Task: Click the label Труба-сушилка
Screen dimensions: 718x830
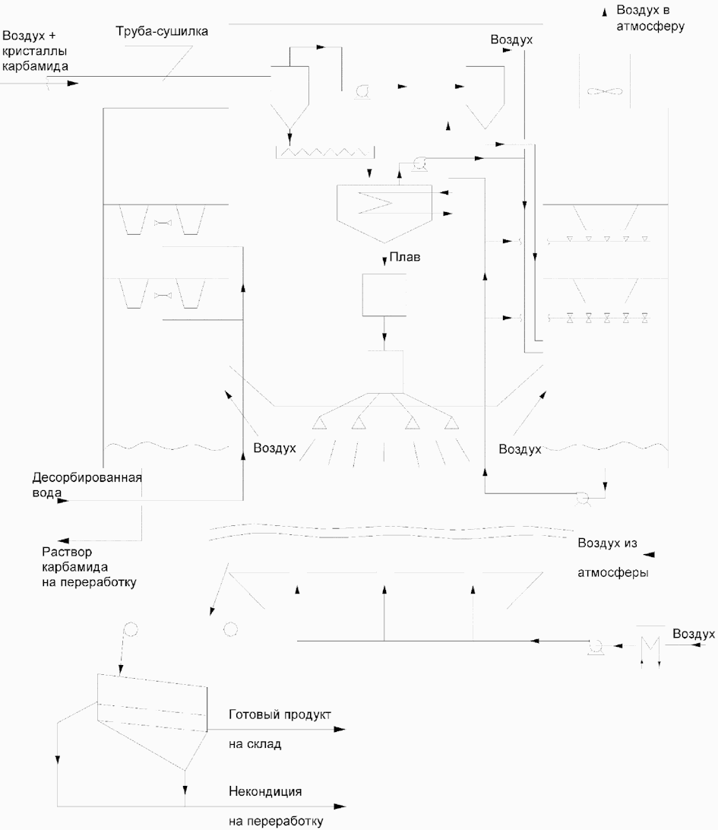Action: point(162,32)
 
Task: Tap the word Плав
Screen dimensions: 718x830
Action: point(405,257)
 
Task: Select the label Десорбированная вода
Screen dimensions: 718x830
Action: point(87,485)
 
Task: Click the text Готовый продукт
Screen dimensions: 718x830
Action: point(280,714)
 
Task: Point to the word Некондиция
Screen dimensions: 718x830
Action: point(265,792)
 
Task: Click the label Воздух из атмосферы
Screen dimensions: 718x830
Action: point(612,557)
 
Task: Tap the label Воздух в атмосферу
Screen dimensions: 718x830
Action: point(650,18)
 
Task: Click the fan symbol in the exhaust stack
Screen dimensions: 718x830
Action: point(604,91)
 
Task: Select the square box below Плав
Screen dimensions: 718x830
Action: point(384,295)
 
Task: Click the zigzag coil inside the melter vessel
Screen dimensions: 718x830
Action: point(377,201)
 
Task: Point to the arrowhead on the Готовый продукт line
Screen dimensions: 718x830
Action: point(340,730)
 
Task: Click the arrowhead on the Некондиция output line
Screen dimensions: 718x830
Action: point(340,806)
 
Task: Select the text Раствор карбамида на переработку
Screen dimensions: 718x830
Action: point(89,567)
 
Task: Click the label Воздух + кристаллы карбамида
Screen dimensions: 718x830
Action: point(35,51)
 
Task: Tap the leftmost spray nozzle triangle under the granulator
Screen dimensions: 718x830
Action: point(319,423)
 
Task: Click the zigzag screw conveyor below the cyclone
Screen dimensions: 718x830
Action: point(325,153)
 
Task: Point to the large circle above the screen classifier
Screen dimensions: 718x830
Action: point(130,629)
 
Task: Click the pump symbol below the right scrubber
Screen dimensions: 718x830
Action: point(583,499)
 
